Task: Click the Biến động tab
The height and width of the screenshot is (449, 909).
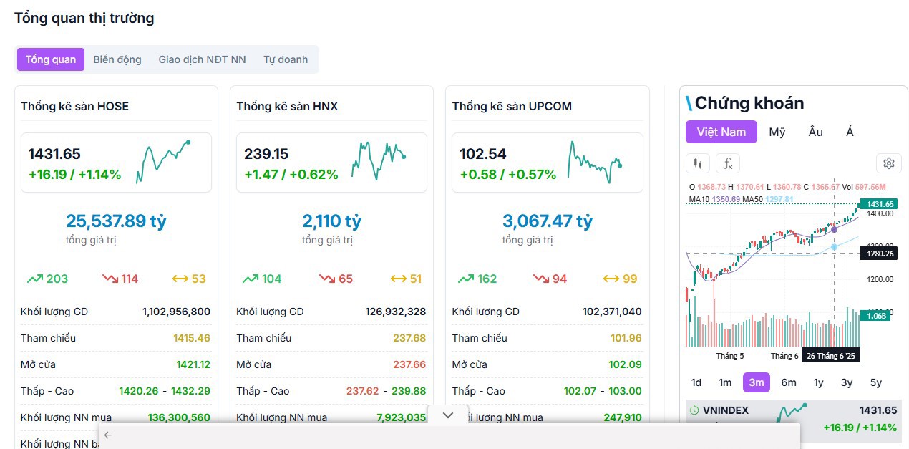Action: pos(117,59)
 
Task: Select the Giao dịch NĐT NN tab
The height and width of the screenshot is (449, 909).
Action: pos(202,59)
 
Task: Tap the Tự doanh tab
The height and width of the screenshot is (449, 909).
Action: pos(286,59)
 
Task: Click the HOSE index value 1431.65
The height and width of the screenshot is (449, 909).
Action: pos(54,154)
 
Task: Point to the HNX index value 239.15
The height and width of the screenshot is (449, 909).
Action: pos(266,154)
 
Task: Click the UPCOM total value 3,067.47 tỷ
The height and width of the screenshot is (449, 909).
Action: pos(548,221)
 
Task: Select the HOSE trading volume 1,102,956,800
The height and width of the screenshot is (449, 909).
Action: pos(176,312)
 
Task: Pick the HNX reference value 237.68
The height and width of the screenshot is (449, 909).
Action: pos(409,338)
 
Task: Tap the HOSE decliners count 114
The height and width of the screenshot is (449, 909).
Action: pos(130,279)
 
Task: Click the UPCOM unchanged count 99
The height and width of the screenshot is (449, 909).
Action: pos(630,279)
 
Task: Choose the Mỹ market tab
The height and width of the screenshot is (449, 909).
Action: pos(777,132)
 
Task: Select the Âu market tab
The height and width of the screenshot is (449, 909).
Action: pos(816,132)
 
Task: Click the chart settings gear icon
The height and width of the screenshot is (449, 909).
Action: pos(889,163)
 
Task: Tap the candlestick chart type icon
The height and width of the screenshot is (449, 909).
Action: pos(698,163)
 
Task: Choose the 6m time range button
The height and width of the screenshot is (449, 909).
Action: pos(789,382)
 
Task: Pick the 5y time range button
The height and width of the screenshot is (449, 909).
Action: pos(876,382)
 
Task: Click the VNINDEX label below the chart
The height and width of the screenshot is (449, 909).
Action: pos(726,410)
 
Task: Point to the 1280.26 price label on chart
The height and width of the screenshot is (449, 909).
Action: pos(879,254)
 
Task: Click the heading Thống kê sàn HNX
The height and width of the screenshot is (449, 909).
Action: pos(287,106)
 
